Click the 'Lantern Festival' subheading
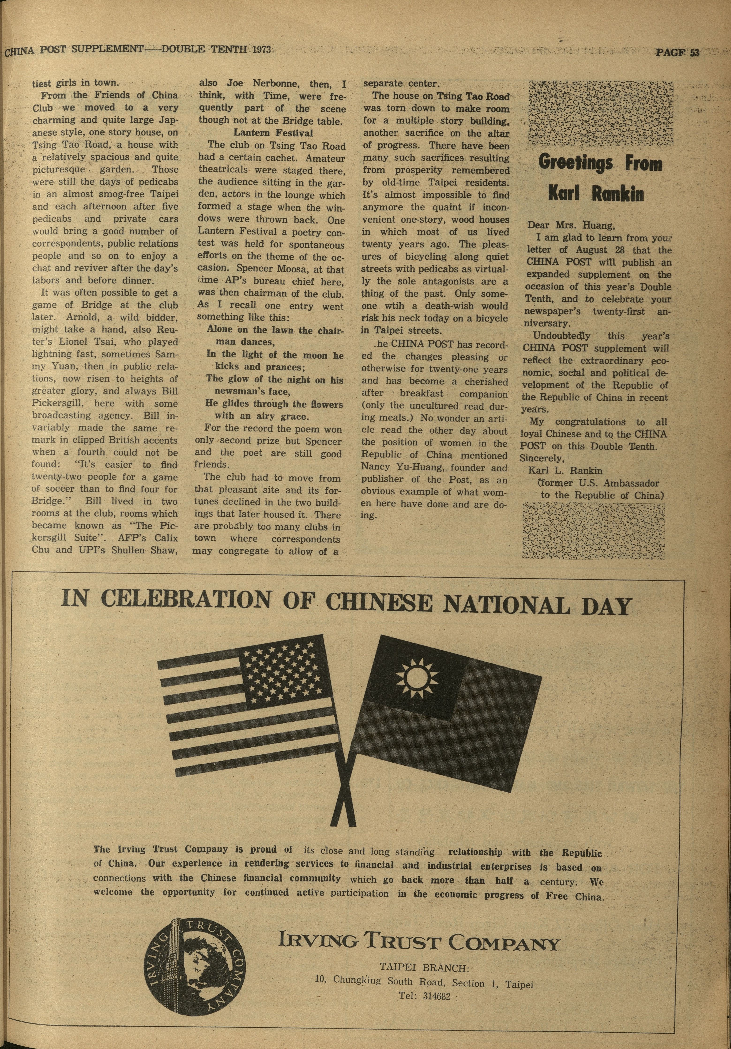[273, 133]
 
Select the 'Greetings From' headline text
[600, 163]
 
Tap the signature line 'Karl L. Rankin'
[565, 471]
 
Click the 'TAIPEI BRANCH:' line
[424, 967]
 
